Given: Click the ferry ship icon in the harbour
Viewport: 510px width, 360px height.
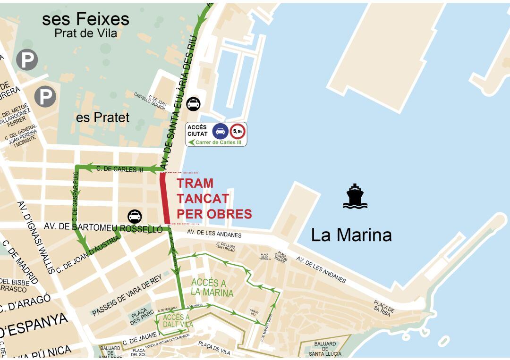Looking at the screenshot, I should (355, 197).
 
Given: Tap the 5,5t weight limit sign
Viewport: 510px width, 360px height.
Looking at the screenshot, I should (237, 131).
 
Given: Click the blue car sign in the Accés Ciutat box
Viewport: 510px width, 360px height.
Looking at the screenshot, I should (219, 131).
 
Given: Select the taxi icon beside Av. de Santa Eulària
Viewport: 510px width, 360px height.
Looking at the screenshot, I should (193, 104).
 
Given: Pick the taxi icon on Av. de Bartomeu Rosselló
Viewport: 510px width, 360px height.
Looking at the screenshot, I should (135, 217).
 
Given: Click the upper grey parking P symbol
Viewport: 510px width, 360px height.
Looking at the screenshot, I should (27, 60).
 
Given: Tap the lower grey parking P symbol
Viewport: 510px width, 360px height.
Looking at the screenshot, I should (45, 97).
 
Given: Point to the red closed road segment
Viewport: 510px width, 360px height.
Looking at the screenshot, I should (165, 198).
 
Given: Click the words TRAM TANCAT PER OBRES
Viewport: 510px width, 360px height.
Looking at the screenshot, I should (214, 199).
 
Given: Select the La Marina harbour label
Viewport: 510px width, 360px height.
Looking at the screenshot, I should (351, 234).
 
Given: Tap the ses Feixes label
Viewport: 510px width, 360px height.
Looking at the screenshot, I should (85, 19).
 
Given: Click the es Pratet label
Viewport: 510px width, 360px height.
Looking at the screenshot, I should (102, 117).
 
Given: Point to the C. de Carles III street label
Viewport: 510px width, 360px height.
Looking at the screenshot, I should (119, 169).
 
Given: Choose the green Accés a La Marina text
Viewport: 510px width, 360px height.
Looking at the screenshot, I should (212, 287).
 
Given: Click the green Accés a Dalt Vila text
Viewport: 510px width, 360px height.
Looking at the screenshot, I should (176, 320).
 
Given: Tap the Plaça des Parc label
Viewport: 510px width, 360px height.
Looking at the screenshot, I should (142, 318).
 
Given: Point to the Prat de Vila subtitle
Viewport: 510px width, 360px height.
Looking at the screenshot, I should (85, 33).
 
